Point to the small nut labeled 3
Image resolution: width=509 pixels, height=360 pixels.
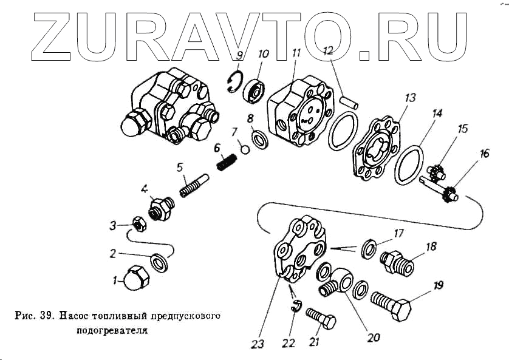pos(138,226)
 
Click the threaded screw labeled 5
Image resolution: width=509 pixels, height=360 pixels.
pos(194,185)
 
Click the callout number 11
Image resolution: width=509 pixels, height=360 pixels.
pos(295,53)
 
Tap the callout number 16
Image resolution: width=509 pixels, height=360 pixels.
pos(483,154)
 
